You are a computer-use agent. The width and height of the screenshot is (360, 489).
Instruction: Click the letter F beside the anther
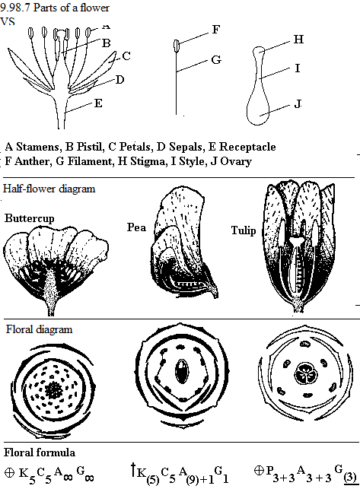click(x=216, y=30)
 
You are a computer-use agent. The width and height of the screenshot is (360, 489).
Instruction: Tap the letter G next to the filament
click(x=216, y=59)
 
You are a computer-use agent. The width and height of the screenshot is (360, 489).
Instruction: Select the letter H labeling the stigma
click(x=298, y=40)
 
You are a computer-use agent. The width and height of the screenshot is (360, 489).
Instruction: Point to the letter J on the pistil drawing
click(x=298, y=103)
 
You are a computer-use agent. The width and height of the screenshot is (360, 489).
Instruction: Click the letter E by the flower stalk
click(x=98, y=103)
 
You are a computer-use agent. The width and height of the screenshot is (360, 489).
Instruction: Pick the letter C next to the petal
click(x=126, y=56)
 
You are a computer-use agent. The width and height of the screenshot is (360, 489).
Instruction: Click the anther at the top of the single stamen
click(x=177, y=46)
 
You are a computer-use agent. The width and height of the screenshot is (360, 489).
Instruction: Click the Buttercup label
click(x=30, y=218)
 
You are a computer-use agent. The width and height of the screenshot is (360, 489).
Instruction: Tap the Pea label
click(x=136, y=227)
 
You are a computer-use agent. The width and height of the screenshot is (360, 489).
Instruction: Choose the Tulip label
click(x=244, y=230)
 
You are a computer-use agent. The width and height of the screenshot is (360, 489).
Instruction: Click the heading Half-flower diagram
click(x=49, y=189)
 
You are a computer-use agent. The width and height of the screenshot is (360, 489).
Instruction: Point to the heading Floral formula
click(x=40, y=452)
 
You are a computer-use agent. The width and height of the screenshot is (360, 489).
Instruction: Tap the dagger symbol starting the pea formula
click(x=133, y=470)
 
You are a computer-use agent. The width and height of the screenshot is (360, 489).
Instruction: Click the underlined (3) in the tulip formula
click(x=349, y=477)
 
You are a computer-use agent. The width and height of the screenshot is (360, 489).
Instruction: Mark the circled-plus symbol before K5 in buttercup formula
click(x=10, y=472)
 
